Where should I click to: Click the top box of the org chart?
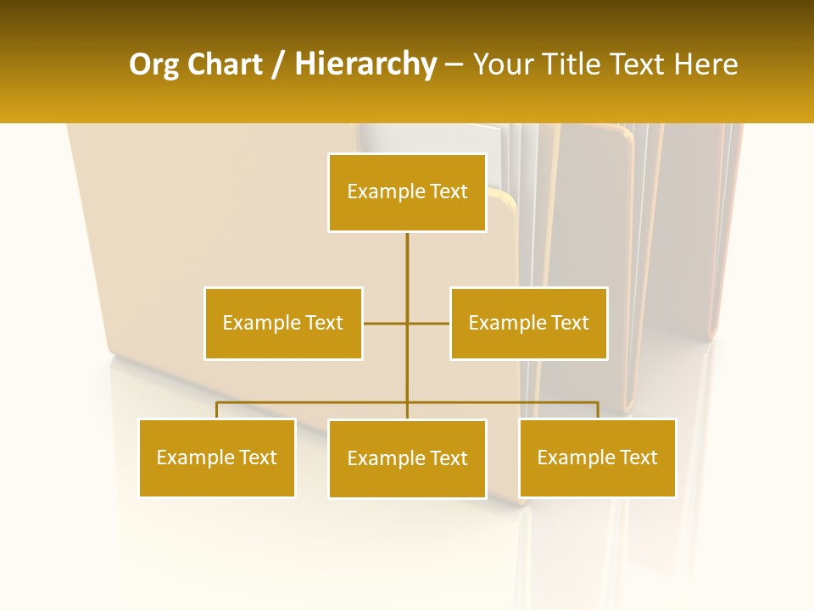[407, 192]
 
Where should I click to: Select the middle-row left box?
[283, 323]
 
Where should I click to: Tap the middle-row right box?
[528, 323]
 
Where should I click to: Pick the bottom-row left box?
[217, 457]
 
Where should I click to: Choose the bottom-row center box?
[407, 458]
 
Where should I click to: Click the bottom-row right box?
[597, 457]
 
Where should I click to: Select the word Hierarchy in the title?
[365, 64]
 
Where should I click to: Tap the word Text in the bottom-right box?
[638, 457]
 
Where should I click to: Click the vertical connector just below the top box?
[407, 254]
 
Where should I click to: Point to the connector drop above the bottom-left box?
[217, 410]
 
